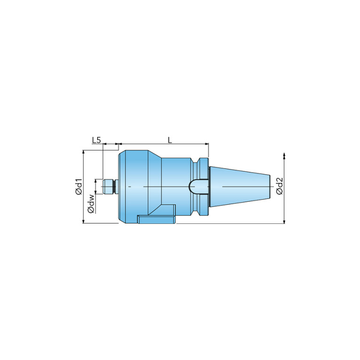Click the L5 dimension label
96,140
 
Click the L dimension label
169,140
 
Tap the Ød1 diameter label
79,186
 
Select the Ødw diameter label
91,204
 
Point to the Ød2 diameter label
280,186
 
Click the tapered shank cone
239,187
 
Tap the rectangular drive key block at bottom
157,219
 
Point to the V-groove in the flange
196,187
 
